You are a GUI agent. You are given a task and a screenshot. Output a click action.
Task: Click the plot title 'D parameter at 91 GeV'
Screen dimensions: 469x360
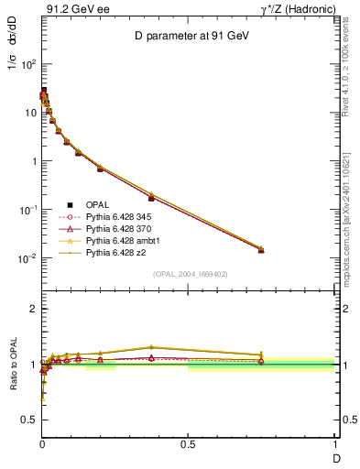coord(188,37)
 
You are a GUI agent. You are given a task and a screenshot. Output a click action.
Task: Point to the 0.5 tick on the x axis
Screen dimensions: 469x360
coord(188,444)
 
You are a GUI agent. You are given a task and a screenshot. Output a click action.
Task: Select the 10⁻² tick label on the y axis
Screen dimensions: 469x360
coord(27,258)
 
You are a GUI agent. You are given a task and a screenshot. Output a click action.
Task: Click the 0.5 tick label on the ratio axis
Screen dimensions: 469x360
coord(27,419)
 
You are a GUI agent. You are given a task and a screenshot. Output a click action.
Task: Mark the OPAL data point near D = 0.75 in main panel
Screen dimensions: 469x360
coord(261,249)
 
